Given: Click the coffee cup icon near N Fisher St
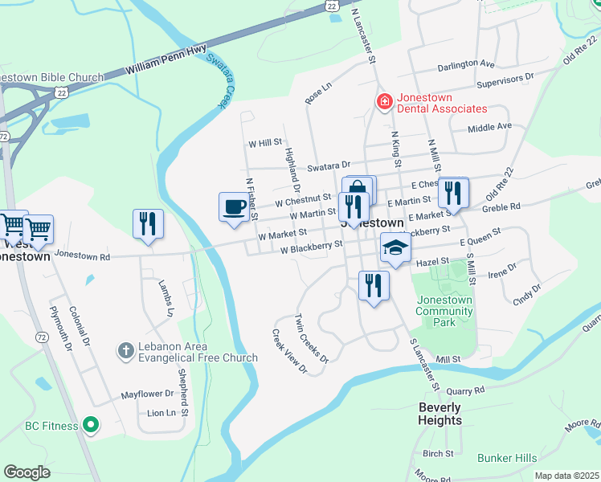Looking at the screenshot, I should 234,207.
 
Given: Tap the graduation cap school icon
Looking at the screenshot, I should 395,247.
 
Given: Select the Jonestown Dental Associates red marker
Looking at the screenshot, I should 384,101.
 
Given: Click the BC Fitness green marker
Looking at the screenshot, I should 92,424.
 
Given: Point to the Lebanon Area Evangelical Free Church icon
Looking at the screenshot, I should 125,350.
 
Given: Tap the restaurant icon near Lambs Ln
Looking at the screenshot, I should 148,223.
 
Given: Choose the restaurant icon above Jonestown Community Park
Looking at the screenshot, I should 374,285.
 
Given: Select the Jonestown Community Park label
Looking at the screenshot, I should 444,311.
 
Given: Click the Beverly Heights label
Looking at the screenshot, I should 440,414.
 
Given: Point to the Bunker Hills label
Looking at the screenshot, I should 506,458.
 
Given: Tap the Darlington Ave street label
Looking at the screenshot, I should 466,63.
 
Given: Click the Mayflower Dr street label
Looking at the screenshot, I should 147,394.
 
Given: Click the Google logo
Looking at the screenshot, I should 27,472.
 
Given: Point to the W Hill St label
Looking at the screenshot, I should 264,143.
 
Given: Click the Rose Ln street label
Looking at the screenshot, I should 318,93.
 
